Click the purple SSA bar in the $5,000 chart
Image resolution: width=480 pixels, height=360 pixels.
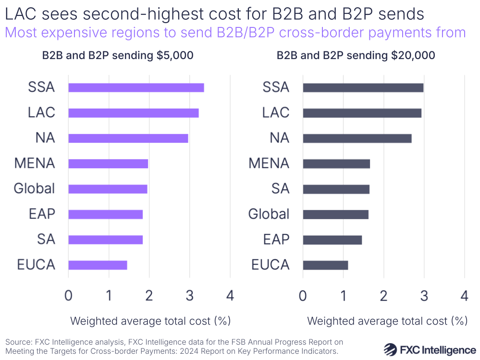136,87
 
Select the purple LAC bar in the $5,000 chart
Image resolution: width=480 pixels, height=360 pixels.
133,113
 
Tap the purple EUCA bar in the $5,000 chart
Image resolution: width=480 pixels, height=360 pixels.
98,265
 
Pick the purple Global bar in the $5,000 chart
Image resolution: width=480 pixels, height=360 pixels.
108,189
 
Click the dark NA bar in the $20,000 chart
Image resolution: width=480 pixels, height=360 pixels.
357,138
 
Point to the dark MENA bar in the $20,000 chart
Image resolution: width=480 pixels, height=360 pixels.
336,164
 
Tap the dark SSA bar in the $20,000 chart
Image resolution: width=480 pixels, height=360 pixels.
363,87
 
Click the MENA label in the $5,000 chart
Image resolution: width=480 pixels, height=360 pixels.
35,163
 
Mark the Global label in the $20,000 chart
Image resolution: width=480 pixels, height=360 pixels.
269,214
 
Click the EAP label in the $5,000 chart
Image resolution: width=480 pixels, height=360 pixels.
42,214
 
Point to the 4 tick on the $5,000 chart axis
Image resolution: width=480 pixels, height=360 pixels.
230,296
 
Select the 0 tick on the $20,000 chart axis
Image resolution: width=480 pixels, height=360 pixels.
303,296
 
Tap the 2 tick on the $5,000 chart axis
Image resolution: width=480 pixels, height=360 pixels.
149,296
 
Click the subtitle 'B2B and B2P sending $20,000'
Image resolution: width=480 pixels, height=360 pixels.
356,55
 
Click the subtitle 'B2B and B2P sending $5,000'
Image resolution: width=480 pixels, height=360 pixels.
118,55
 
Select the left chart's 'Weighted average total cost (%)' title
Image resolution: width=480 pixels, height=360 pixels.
150,321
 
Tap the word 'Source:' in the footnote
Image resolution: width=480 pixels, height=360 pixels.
18,342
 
